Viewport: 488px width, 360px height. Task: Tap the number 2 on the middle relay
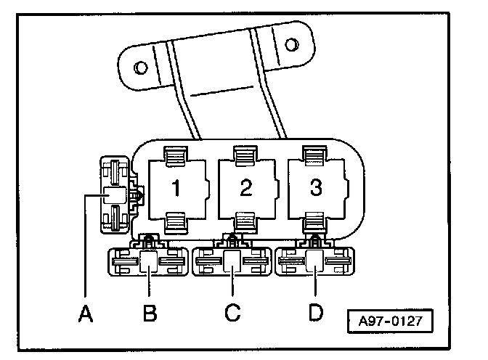click(245, 187)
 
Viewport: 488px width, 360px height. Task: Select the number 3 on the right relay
click(314, 187)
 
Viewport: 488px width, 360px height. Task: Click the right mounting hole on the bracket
click(292, 46)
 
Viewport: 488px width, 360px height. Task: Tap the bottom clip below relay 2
click(245, 220)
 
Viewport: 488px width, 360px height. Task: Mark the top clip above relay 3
click(314, 155)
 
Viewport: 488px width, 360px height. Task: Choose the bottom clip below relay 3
click(314, 220)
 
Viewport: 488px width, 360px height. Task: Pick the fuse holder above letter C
click(232, 261)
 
